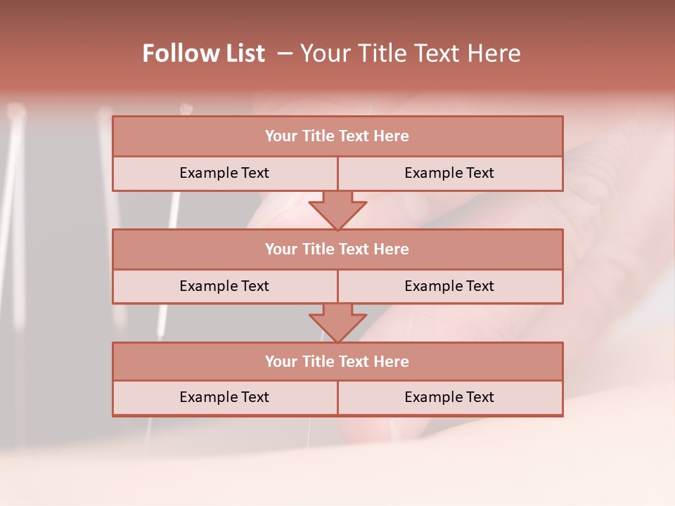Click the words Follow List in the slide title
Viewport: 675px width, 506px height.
click(x=203, y=53)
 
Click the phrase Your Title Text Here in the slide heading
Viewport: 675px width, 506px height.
click(x=411, y=53)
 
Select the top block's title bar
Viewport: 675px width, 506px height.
click(x=337, y=136)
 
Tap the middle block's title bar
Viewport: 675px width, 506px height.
click(x=337, y=249)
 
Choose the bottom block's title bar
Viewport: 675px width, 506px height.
click(x=337, y=361)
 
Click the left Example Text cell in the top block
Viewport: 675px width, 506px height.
click(x=224, y=173)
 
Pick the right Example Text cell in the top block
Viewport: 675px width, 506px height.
click(x=449, y=173)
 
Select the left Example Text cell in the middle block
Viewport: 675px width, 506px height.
click(x=224, y=286)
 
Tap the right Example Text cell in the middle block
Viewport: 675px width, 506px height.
click(x=449, y=286)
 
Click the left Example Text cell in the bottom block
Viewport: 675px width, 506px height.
click(x=224, y=397)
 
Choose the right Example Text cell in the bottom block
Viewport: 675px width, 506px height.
click(x=449, y=397)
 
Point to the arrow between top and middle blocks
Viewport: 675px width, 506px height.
click(x=337, y=210)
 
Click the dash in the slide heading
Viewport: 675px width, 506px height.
click(x=285, y=53)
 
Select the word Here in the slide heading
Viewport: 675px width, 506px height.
click(x=496, y=53)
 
